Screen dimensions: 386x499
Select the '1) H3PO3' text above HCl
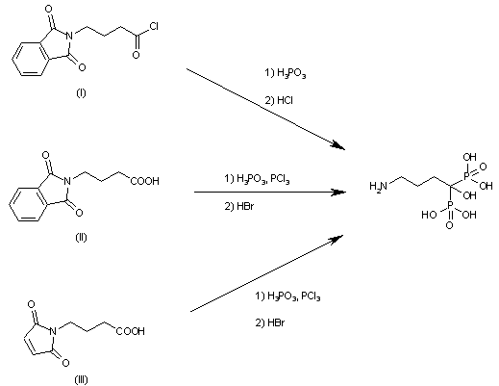(285, 74)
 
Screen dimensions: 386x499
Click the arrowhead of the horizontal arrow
(338, 193)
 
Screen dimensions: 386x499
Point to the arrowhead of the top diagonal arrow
(338, 145)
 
